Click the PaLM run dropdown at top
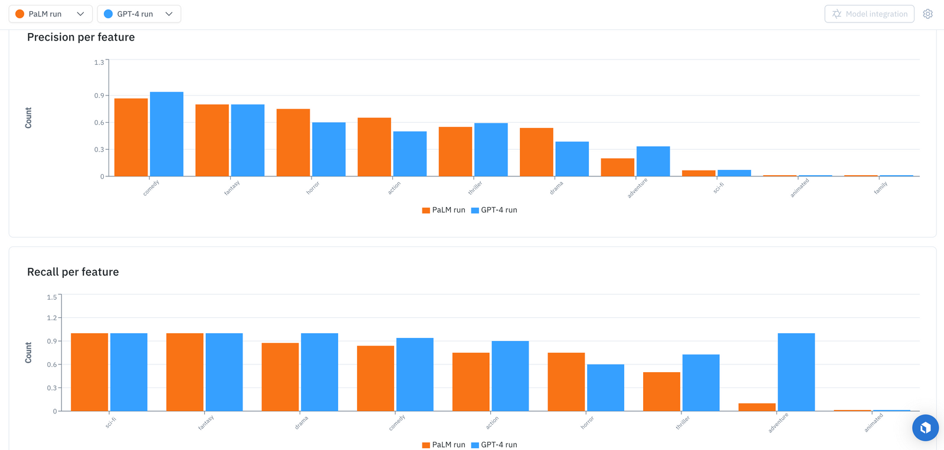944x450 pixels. (x=50, y=14)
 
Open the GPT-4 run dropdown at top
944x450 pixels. (x=139, y=14)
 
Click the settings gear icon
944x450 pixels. (x=927, y=14)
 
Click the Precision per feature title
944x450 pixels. (x=81, y=37)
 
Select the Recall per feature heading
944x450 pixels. (x=73, y=272)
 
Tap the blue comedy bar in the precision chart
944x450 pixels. (x=166, y=134)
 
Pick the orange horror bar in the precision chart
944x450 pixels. (x=293, y=143)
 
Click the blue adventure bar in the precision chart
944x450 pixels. (x=653, y=162)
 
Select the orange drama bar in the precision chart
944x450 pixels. (x=536, y=152)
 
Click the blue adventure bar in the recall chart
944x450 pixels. (x=796, y=372)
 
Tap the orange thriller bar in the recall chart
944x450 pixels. (x=661, y=392)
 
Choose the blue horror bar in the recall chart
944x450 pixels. (x=605, y=387)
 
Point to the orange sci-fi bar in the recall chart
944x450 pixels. (x=89, y=372)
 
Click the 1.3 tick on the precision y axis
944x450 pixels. (x=99, y=63)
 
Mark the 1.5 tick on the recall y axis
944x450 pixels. (x=52, y=297)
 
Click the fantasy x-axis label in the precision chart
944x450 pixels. (x=232, y=188)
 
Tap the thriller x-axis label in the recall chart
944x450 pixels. (x=683, y=422)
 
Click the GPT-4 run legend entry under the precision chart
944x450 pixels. (x=494, y=210)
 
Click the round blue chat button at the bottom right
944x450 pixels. (x=925, y=428)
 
